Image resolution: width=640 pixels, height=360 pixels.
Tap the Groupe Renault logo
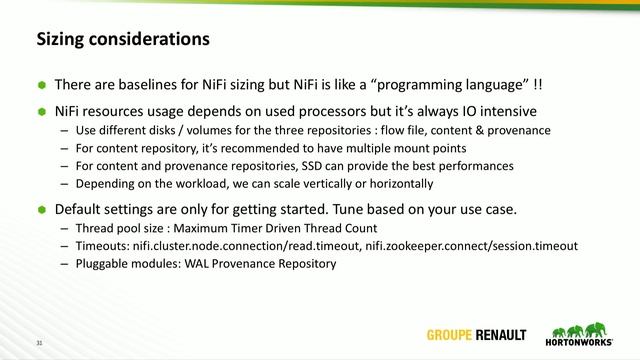coord(480,334)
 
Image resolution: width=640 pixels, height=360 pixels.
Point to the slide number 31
coord(41,343)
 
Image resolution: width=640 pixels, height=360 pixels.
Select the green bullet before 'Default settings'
coord(42,210)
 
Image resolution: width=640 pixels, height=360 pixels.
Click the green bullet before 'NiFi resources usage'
coord(42,111)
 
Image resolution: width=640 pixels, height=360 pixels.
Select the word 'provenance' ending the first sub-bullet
coord(518,130)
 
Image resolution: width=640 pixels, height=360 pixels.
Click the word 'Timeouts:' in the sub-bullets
coord(103,246)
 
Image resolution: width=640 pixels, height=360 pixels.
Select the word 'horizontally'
coord(398,184)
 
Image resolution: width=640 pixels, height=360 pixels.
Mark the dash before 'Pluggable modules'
coord(64,264)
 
